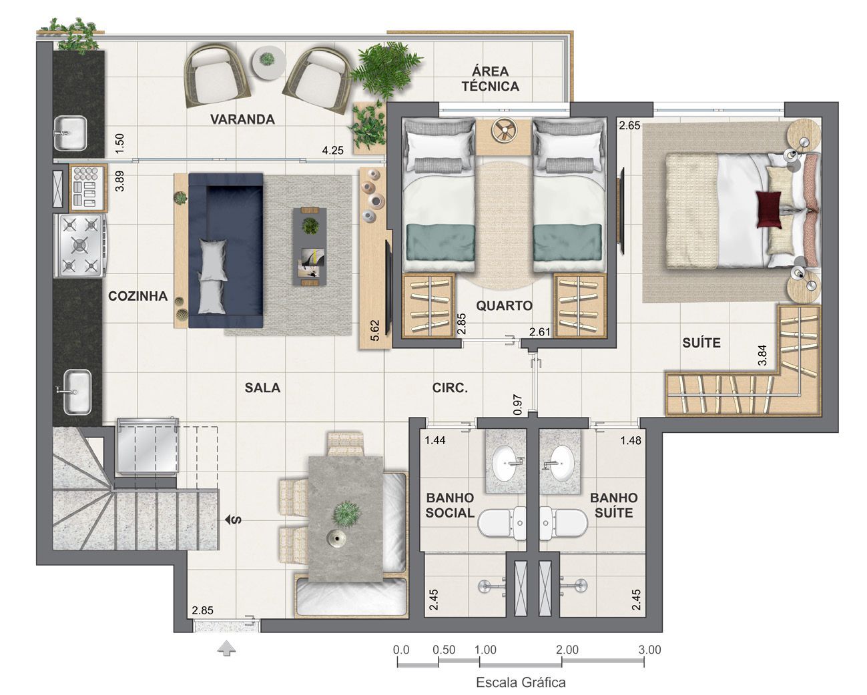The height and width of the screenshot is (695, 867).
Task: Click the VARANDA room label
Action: [242, 119]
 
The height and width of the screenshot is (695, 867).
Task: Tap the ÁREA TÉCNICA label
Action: [491, 79]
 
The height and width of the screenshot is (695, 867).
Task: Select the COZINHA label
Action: [137, 296]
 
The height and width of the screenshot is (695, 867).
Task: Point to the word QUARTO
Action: [504, 305]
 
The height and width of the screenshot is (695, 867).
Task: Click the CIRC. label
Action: [450, 388]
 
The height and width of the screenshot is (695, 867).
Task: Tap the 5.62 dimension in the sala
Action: [374, 330]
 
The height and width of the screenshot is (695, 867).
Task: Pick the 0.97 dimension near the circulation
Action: [518, 405]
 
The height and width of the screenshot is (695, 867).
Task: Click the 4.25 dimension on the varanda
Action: [333, 151]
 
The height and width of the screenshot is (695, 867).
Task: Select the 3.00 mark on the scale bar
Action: [649, 650]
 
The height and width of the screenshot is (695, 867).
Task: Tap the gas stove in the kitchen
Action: [80, 245]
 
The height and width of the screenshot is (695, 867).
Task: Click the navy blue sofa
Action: [226, 251]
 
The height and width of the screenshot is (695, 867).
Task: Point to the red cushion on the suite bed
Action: [769, 209]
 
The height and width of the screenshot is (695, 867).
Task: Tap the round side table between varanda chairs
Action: [269, 61]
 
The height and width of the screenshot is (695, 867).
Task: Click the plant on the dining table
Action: [346, 514]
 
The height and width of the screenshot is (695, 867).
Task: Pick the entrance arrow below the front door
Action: [227, 649]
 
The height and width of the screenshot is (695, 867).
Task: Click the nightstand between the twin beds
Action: [504, 137]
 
